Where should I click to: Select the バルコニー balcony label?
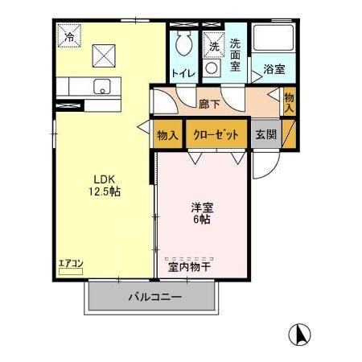pos(154,297)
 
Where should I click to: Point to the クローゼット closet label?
pos(216,134)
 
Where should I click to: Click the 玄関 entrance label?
pos(266,134)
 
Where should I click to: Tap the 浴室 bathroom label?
pos(274,70)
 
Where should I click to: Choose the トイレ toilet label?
pos(181,74)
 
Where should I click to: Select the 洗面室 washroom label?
pos(236,54)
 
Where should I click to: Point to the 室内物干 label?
pos(189,266)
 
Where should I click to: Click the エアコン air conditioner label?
pos(70,262)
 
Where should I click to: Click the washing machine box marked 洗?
pos(214,46)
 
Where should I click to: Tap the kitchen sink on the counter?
pos(101,86)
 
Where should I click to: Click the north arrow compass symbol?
pos(298,332)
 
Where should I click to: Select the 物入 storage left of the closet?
pos(167,134)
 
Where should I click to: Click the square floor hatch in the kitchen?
pos(105,55)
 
